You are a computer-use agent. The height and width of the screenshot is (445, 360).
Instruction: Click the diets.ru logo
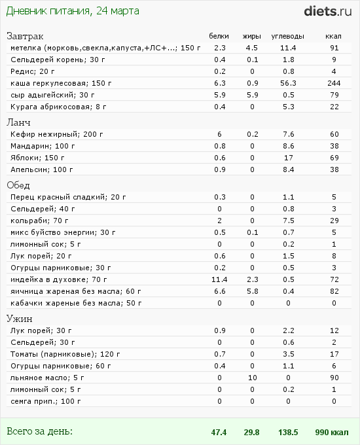tap(328, 10)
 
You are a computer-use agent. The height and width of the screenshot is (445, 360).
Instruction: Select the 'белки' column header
tap(219, 36)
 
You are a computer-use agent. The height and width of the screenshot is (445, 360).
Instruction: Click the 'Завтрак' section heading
tap(25, 36)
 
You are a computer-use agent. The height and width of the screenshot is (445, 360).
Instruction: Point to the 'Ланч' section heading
tap(19, 122)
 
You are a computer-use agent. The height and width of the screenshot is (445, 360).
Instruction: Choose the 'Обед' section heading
tap(19, 185)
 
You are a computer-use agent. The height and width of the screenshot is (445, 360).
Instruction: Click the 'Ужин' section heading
tap(20, 319)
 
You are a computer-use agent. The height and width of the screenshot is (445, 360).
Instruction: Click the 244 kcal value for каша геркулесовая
tap(334, 83)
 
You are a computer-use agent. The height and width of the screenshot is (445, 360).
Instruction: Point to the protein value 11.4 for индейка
tap(219, 279)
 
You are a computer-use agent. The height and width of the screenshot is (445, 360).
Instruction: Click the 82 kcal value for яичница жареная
tap(334, 291)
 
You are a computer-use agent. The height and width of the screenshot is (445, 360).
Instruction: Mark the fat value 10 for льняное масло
tap(252, 378)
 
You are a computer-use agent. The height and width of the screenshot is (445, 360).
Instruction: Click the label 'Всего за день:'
tap(39, 431)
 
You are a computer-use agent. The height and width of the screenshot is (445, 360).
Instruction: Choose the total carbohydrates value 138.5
tap(288, 433)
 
